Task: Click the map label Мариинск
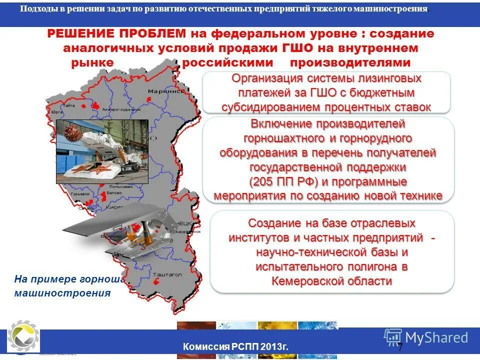(164, 91)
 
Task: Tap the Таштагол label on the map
(166, 274)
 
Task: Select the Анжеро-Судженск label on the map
(115, 109)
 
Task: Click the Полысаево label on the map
(120, 186)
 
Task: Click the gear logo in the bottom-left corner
(21, 336)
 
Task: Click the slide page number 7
(400, 347)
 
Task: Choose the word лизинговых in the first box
(386, 78)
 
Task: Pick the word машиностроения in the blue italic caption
(62, 293)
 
